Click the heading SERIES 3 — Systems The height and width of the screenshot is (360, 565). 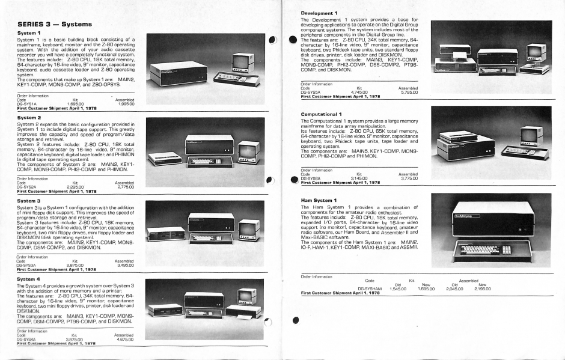(x=54, y=24)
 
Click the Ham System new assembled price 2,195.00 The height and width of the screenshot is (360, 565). (x=483, y=288)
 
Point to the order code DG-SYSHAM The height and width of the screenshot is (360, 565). (x=371, y=288)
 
